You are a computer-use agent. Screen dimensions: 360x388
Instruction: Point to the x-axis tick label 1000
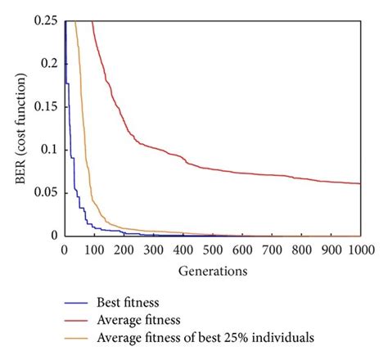click(x=360, y=249)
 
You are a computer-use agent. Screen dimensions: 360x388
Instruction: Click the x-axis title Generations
click(x=212, y=268)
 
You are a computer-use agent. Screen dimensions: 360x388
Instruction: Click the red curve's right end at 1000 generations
click(x=360, y=183)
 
